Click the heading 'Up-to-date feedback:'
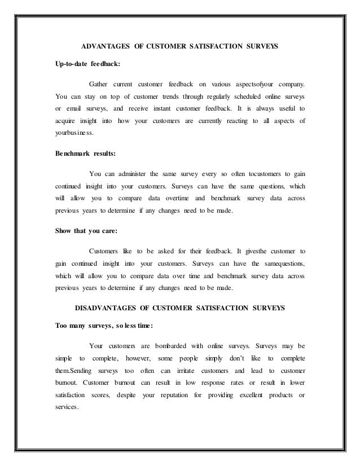[87, 64]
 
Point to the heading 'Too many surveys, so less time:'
[104, 325]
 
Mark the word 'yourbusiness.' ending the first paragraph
[74, 134]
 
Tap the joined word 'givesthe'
[257, 250]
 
